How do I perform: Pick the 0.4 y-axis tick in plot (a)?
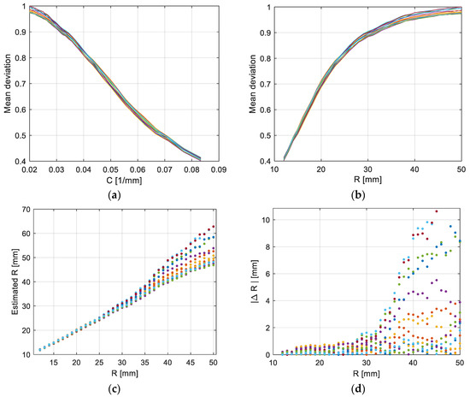21,161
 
